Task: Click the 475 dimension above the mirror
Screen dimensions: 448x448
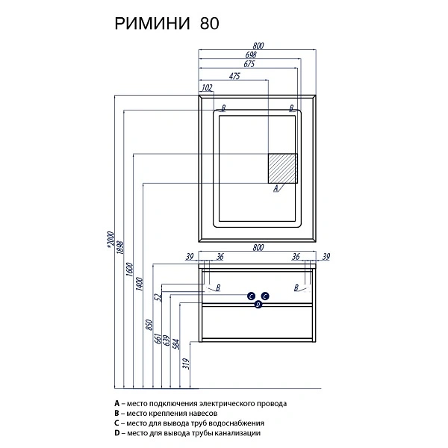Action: (x=234, y=75)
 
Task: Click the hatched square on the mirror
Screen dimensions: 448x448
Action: (x=284, y=169)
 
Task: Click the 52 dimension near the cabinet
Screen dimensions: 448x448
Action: (x=158, y=297)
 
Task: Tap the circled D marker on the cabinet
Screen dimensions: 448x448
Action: (x=258, y=304)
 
